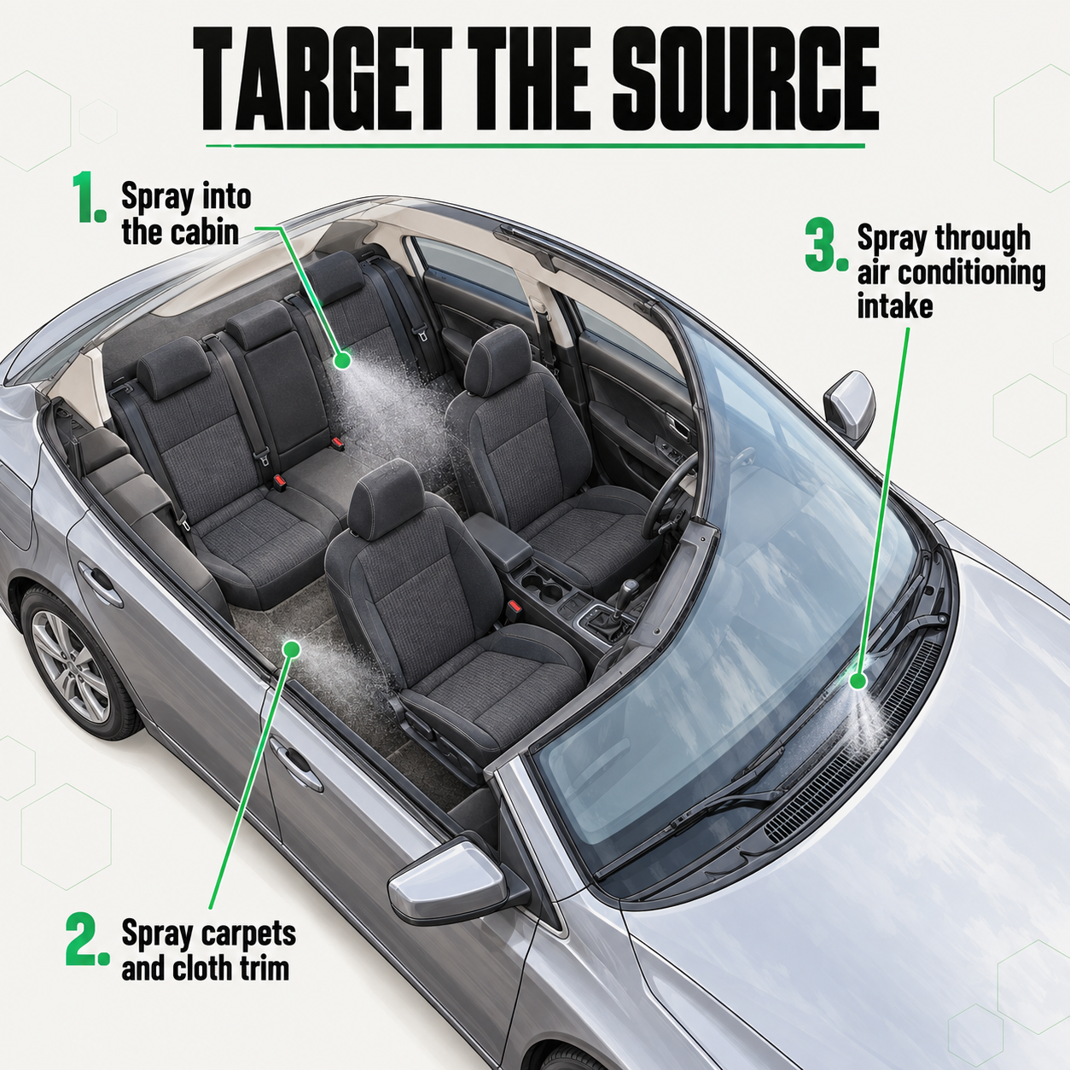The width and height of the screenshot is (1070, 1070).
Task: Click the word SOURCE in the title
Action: (745, 80)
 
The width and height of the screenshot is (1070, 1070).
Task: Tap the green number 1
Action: (91, 198)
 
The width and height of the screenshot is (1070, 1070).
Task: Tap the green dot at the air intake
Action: (858, 681)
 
